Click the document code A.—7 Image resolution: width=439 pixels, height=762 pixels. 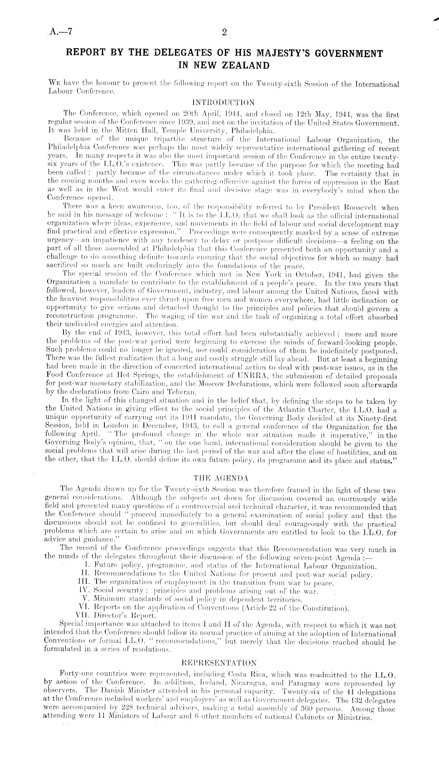point(60,33)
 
